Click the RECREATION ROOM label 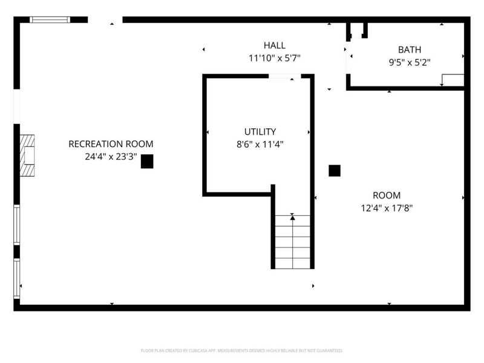(111, 144)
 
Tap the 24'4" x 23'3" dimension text (111, 156)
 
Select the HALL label (275, 45)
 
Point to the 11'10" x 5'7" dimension (275, 58)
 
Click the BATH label (409, 50)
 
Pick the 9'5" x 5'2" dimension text (409, 62)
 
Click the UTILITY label (260, 131)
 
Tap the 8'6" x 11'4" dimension (260, 144)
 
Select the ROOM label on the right (386, 195)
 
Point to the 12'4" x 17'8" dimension (386, 208)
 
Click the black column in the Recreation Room (147, 161)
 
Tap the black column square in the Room (335, 171)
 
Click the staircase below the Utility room (292, 245)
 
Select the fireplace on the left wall (27, 155)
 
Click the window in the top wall (50, 20)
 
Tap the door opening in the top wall (105, 20)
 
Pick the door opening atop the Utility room (285, 76)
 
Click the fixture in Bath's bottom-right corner (453, 80)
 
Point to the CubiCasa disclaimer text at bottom (241, 350)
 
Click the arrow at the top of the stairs (292, 217)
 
